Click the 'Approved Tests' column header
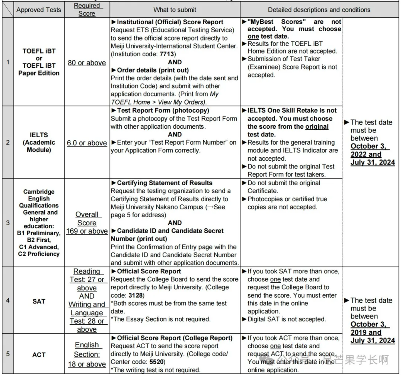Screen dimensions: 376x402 click(39, 10)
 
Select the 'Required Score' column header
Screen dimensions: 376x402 click(87, 10)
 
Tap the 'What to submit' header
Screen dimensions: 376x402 click(175, 10)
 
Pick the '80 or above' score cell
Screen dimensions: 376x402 click(87, 63)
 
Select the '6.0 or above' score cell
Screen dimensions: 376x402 click(87, 143)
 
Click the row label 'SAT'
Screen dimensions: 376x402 click(39, 301)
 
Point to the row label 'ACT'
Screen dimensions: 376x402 click(39, 355)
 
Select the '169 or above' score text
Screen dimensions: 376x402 click(87, 231)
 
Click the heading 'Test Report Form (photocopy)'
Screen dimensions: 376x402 click(163, 110)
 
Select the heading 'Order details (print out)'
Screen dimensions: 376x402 click(153, 70)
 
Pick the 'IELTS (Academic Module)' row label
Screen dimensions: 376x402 click(39, 142)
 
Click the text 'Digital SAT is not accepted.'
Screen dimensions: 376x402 click(287, 319)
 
